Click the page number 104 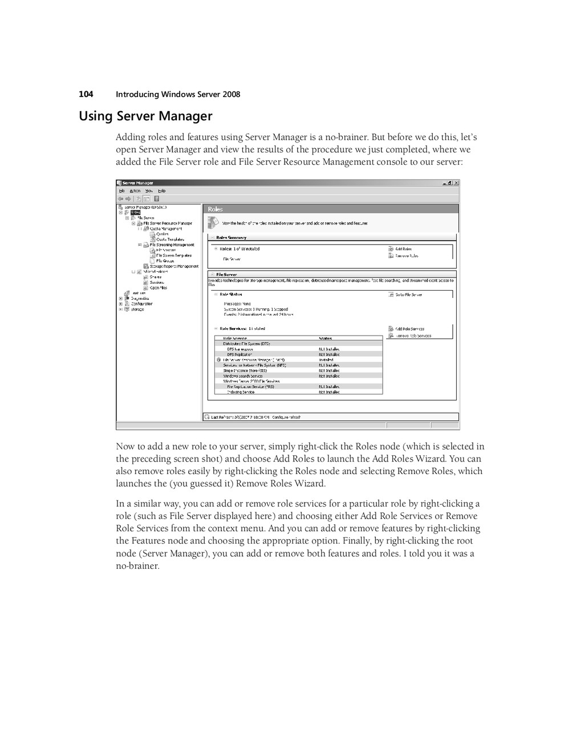click(x=86, y=94)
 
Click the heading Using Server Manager click(x=145, y=116)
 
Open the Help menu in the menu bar click(x=162, y=191)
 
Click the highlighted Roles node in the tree click(x=136, y=213)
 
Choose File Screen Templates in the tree click(x=173, y=255)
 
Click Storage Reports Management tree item click(x=174, y=266)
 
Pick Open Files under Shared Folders click(x=159, y=288)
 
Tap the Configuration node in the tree click(x=141, y=304)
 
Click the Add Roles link click(x=403, y=249)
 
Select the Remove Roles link click(x=407, y=256)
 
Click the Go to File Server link click(x=408, y=295)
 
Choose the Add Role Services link click(x=409, y=329)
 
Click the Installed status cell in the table click(x=326, y=360)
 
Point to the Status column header click(x=325, y=338)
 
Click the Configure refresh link click(x=286, y=417)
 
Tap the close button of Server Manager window click(x=456, y=183)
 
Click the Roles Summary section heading click(x=231, y=238)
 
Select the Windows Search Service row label click(x=243, y=376)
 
